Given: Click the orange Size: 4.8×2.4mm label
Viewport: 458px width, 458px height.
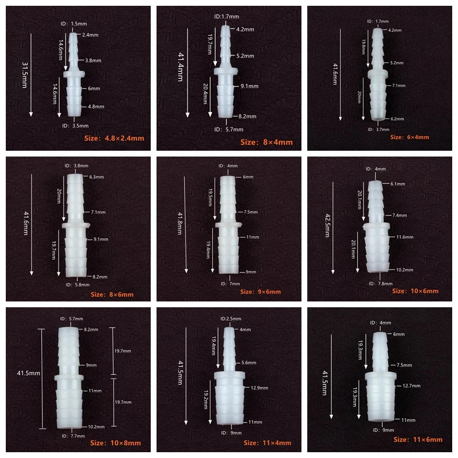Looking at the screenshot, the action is (114, 138).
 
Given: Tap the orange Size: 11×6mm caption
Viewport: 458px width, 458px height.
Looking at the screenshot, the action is (417, 439).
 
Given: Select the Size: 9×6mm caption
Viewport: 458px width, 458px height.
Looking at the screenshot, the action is (260, 292).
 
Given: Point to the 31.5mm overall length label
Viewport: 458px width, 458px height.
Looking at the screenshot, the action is (25, 75).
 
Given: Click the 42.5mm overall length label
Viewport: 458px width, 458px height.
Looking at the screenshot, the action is (328, 225).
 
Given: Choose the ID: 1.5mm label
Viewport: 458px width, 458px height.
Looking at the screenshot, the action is (74, 24).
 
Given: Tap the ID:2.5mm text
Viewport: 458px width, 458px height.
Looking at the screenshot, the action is (231, 319).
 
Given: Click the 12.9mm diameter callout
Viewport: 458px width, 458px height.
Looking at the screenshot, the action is (259, 388).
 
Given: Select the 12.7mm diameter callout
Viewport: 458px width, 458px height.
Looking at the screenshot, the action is (412, 386).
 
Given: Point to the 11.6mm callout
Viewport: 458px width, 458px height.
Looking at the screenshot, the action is (405, 237).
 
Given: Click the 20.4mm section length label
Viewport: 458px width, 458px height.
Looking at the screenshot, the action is (205, 94).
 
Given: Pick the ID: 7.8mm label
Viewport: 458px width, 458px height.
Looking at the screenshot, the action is (380, 283).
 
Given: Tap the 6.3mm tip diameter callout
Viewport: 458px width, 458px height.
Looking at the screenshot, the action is (97, 177).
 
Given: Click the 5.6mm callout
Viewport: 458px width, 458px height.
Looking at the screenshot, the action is (249, 363).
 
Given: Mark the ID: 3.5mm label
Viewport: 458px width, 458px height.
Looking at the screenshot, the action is (75, 126).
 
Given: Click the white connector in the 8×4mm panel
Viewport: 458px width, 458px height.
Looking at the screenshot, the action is (226, 71).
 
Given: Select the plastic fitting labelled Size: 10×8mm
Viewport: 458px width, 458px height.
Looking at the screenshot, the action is (69, 378).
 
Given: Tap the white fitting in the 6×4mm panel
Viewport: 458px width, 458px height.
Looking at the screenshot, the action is (377, 74).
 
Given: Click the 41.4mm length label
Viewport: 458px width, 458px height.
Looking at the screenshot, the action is (181, 67).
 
